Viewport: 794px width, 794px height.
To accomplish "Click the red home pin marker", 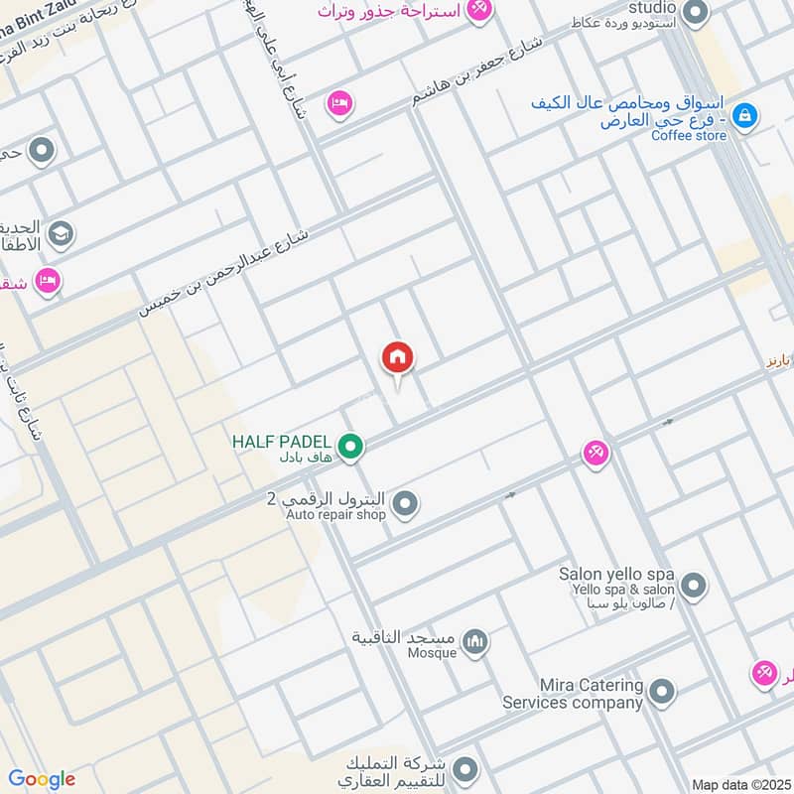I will click(x=398, y=358).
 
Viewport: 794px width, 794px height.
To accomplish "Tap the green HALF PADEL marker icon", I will click(x=348, y=448).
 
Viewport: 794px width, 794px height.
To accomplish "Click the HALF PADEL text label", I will click(x=282, y=440).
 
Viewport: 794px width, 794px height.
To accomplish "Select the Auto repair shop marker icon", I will click(x=404, y=506).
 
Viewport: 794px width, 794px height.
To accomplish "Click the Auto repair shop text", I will click(x=335, y=515).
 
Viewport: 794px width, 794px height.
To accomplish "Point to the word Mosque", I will click(x=432, y=653).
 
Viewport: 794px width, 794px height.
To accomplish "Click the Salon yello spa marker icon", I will click(x=694, y=585).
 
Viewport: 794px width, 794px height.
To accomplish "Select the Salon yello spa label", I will click(x=616, y=575).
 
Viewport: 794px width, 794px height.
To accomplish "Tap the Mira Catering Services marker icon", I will click(x=662, y=692).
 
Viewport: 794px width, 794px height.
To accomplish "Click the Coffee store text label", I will click(x=689, y=136).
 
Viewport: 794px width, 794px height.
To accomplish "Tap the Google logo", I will click(x=42, y=779).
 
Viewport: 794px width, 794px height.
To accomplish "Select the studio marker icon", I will click(x=696, y=13).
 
